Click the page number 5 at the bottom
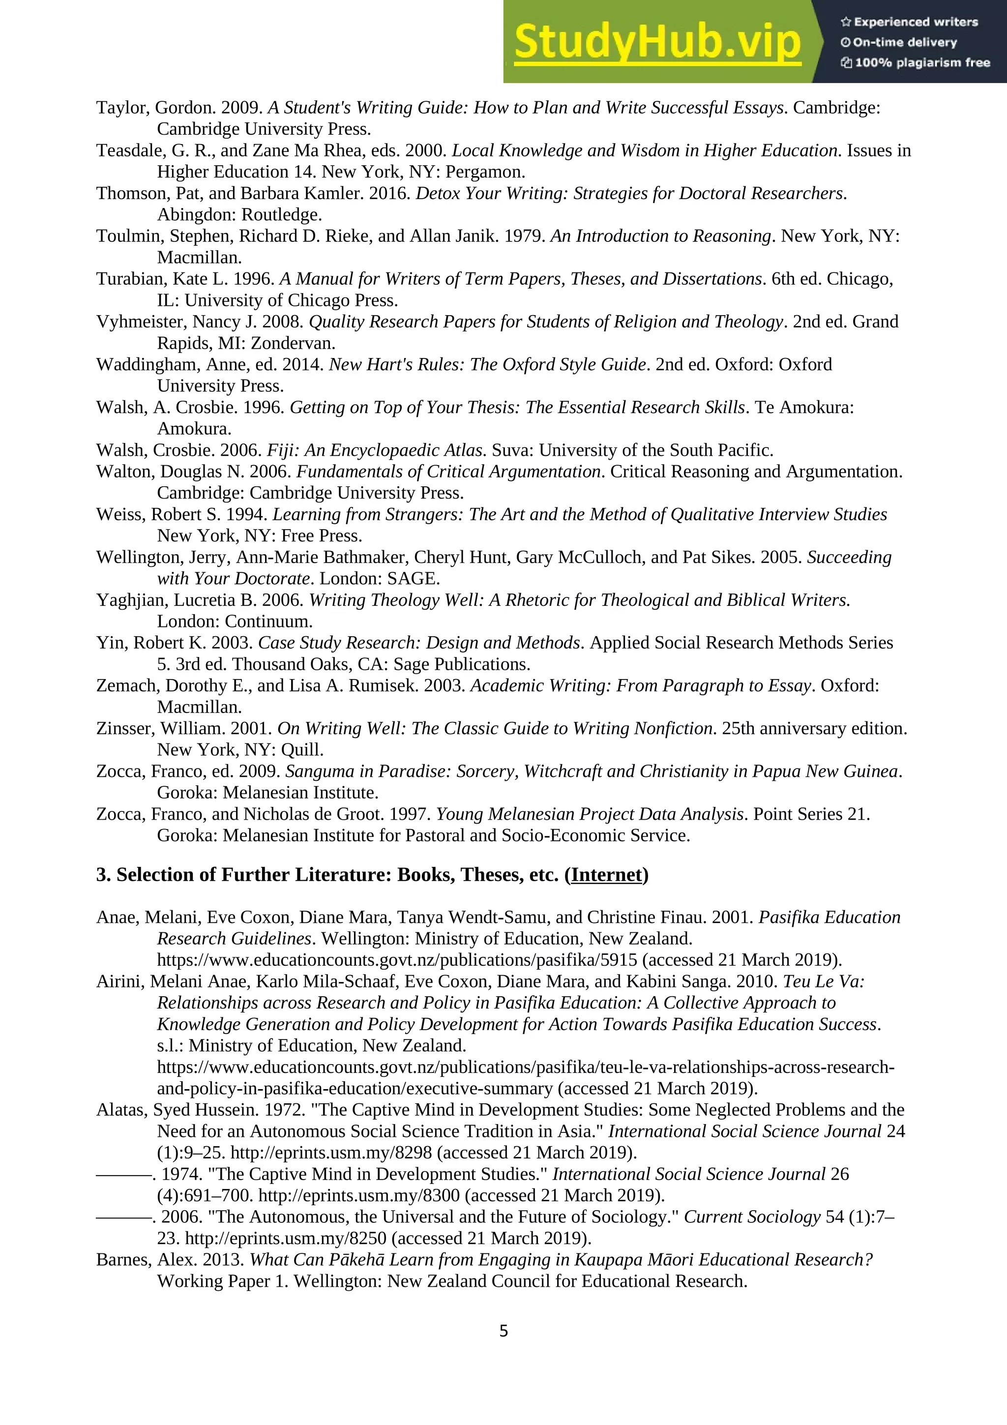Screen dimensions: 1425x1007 coord(503,1331)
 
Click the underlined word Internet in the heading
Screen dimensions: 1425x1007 coord(606,875)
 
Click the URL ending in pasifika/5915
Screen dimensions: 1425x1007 coord(397,960)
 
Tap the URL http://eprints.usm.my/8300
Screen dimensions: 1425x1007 coord(358,1195)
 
